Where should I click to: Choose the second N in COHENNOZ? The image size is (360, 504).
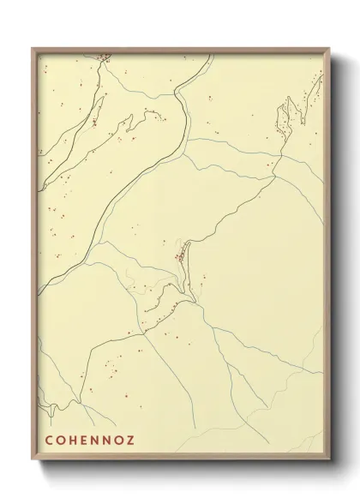pyautogui.click(x=109, y=442)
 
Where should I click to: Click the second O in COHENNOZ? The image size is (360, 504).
pyautogui.click(x=121, y=442)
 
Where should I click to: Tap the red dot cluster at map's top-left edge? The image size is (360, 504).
pyautogui.click(x=103, y=58)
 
